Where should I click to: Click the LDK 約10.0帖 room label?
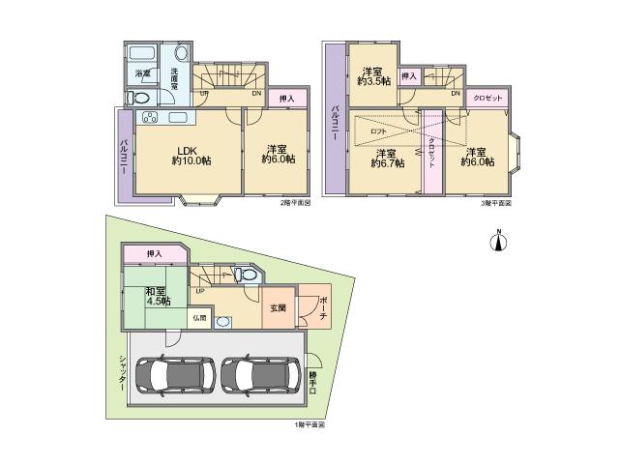[188, 156]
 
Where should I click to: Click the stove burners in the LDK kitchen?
[151, 119]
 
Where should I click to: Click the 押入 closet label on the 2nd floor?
[286, 99]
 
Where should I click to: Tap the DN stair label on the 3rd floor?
[455, 94]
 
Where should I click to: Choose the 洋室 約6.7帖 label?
[387, 158]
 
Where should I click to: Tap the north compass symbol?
[499, 240]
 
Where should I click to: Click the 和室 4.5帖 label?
[157, 296]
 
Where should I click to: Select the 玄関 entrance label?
[276, 308]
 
